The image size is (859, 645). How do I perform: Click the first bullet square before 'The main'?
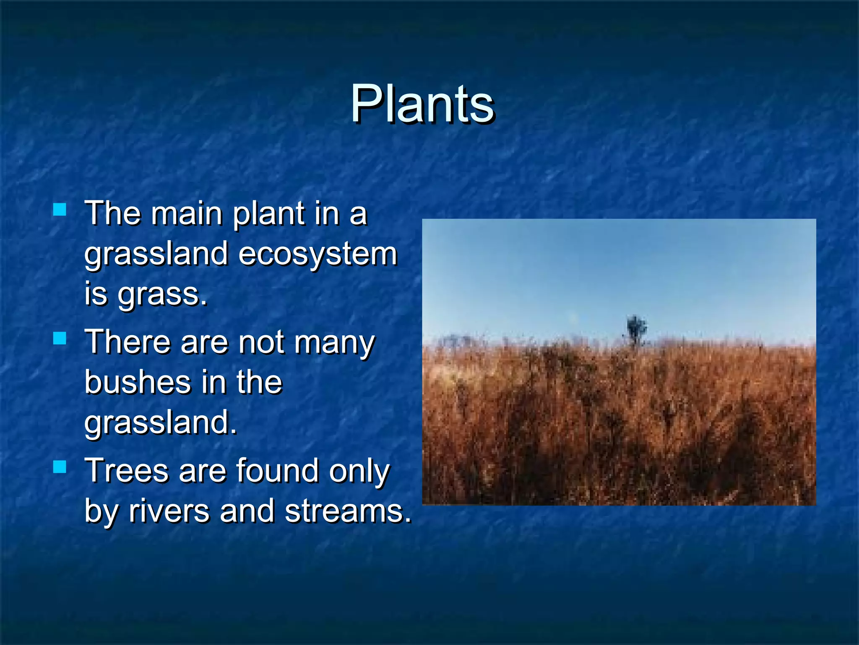[60, 209]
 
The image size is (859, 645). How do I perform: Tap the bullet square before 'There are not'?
[60, 338]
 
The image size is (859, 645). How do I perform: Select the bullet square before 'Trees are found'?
[60, 467]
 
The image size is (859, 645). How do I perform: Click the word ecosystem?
[318, 254]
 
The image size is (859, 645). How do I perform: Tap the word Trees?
[127, 470]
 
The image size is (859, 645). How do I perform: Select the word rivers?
[169, 511]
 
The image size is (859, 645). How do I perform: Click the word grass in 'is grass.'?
[161, 295]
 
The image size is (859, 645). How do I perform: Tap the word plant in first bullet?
[268, 214]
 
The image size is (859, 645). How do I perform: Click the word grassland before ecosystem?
[156, 254]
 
